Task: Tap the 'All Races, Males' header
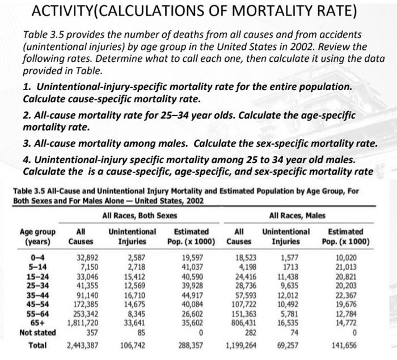(x=300, y=215)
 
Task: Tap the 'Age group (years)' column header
(x=37, y=237)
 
